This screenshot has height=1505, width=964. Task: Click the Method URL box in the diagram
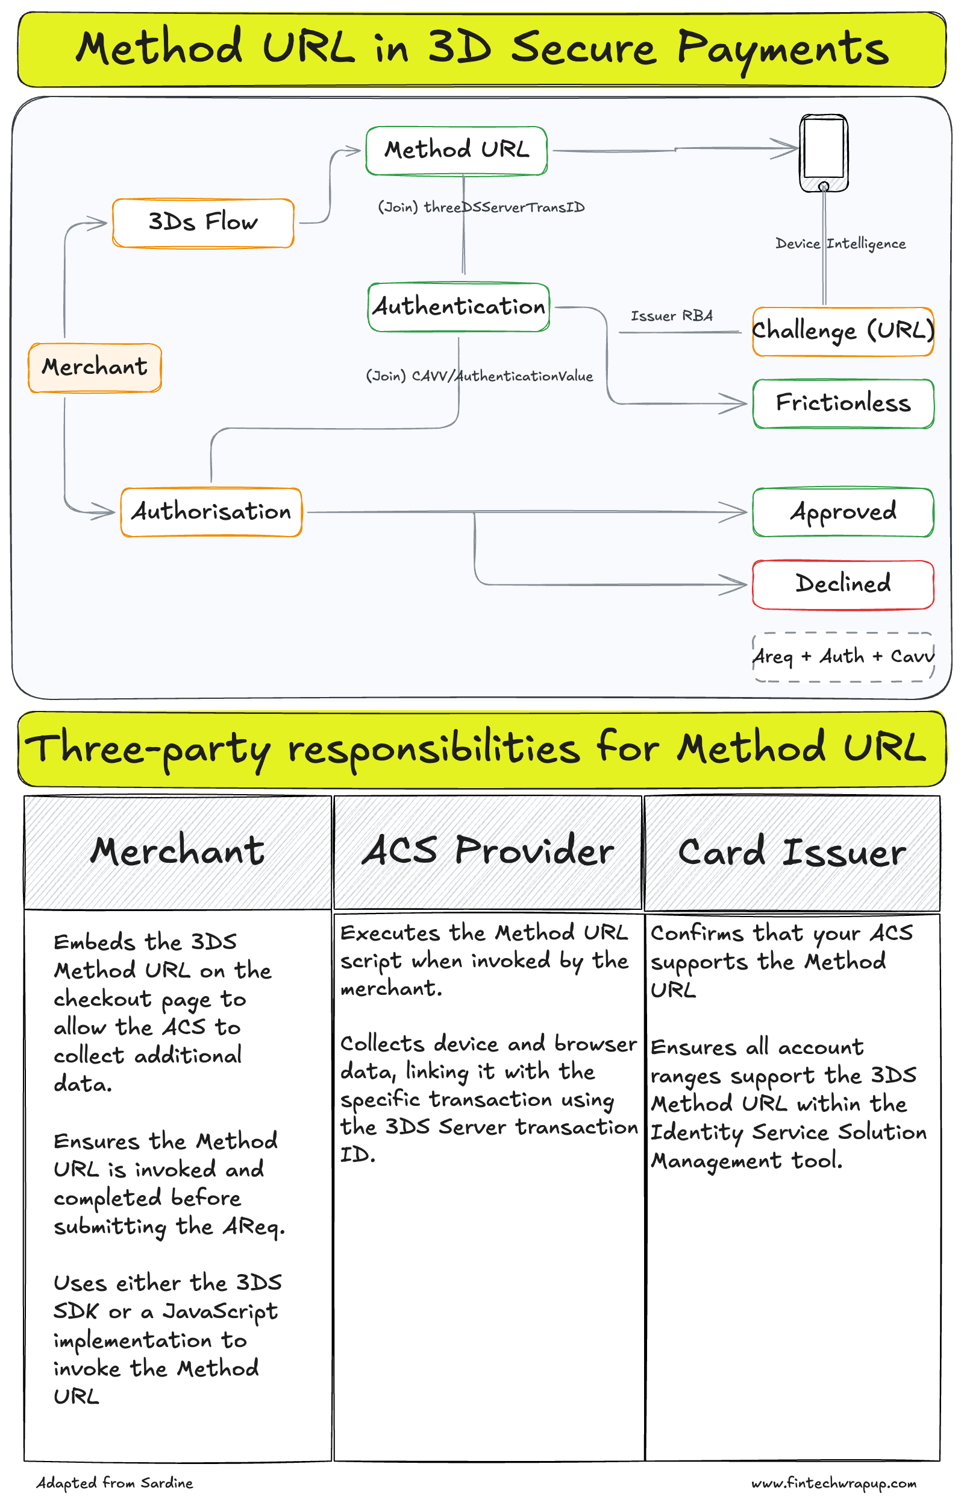[x=456, y=150]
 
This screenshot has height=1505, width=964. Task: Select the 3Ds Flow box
[x=203, y=223]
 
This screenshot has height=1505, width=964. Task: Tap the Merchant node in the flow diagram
[x=95, y=368]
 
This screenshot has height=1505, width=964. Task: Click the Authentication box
[x=459, y=307]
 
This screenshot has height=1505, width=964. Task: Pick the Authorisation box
[x=211, y=513]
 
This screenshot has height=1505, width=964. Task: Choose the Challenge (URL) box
[x=842, y=331]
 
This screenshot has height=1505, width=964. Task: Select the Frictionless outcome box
[x=842, y=403]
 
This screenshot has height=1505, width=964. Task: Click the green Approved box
[x=842, y=513]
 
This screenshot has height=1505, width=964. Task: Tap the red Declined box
[x=842, y=584]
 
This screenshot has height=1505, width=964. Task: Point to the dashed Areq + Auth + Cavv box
[x=842, y=657]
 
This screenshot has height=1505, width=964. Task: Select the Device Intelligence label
[x=840, y=244]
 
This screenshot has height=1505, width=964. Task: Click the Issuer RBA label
[x=671, y=316]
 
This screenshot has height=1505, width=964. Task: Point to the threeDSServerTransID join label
[x=481, y=207]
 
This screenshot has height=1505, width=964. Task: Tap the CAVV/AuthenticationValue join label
[x=479, y=376]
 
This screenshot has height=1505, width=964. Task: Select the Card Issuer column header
[x=792, y=853]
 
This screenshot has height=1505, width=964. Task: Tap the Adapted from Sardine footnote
[x=114, y=1483]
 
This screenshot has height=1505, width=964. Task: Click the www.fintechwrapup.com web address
[x=833, y=1483]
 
